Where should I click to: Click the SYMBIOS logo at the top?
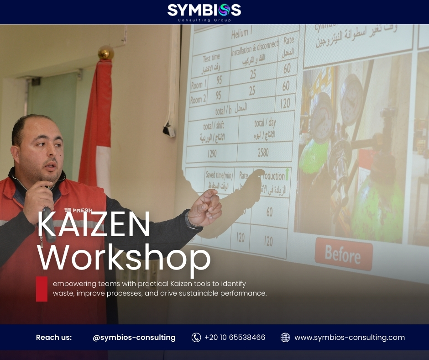point(204,11)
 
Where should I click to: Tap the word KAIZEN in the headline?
point(94,224)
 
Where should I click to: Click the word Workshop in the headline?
point(124,259)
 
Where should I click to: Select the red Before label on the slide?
point(343,254)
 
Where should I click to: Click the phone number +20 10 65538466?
point(235,338)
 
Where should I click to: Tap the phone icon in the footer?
point(196,338)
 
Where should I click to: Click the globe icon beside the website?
point(285,338)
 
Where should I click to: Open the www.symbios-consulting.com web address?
point(350,338)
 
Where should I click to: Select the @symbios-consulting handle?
point(134,338)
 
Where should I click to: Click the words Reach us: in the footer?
point(54,338)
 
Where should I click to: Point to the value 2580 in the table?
point(264,152)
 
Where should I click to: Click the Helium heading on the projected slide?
point(240,34)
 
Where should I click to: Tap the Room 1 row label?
point(199,85)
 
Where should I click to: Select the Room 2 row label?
point(199,99)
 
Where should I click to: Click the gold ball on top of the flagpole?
point(106,53)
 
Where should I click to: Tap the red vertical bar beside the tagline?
point(42,289)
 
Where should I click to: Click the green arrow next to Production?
point(287,174)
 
